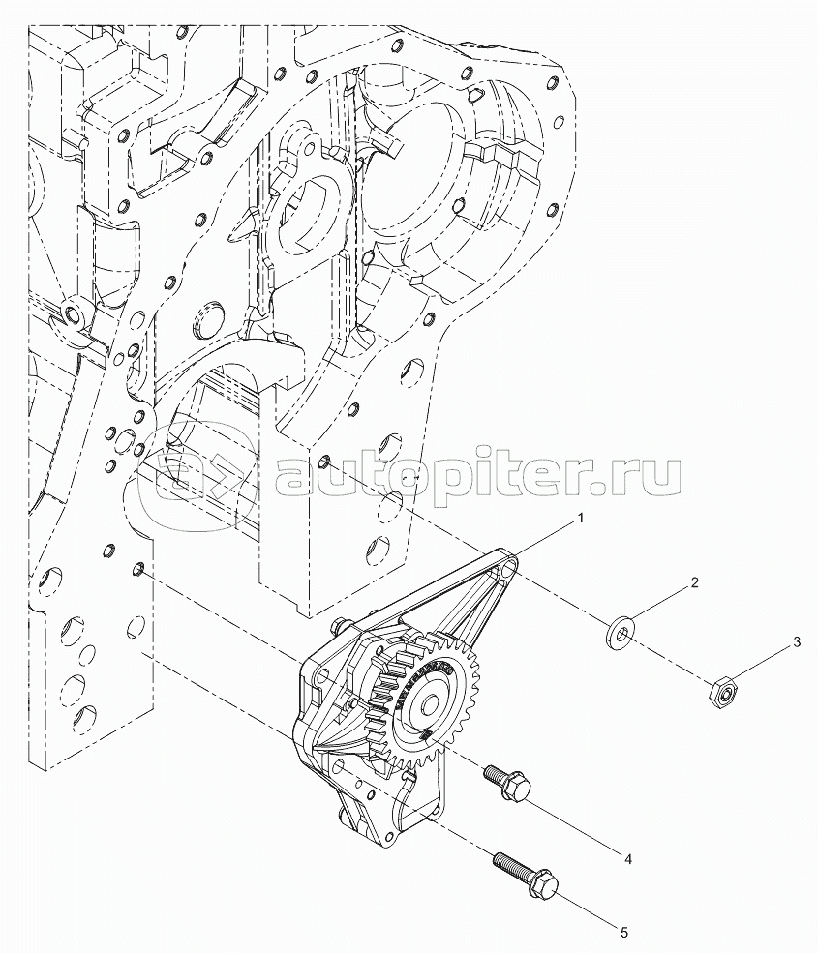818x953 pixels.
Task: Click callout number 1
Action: click(x=580, y=518)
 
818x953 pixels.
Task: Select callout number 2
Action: click(x=694, y=582)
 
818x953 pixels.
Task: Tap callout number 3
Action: click(x=798, y=642)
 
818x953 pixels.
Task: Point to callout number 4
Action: click(x=629, y=859)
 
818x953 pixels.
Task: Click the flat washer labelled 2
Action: click(x=620, y=633)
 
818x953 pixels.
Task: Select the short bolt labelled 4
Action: click(x=506, y=782)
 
